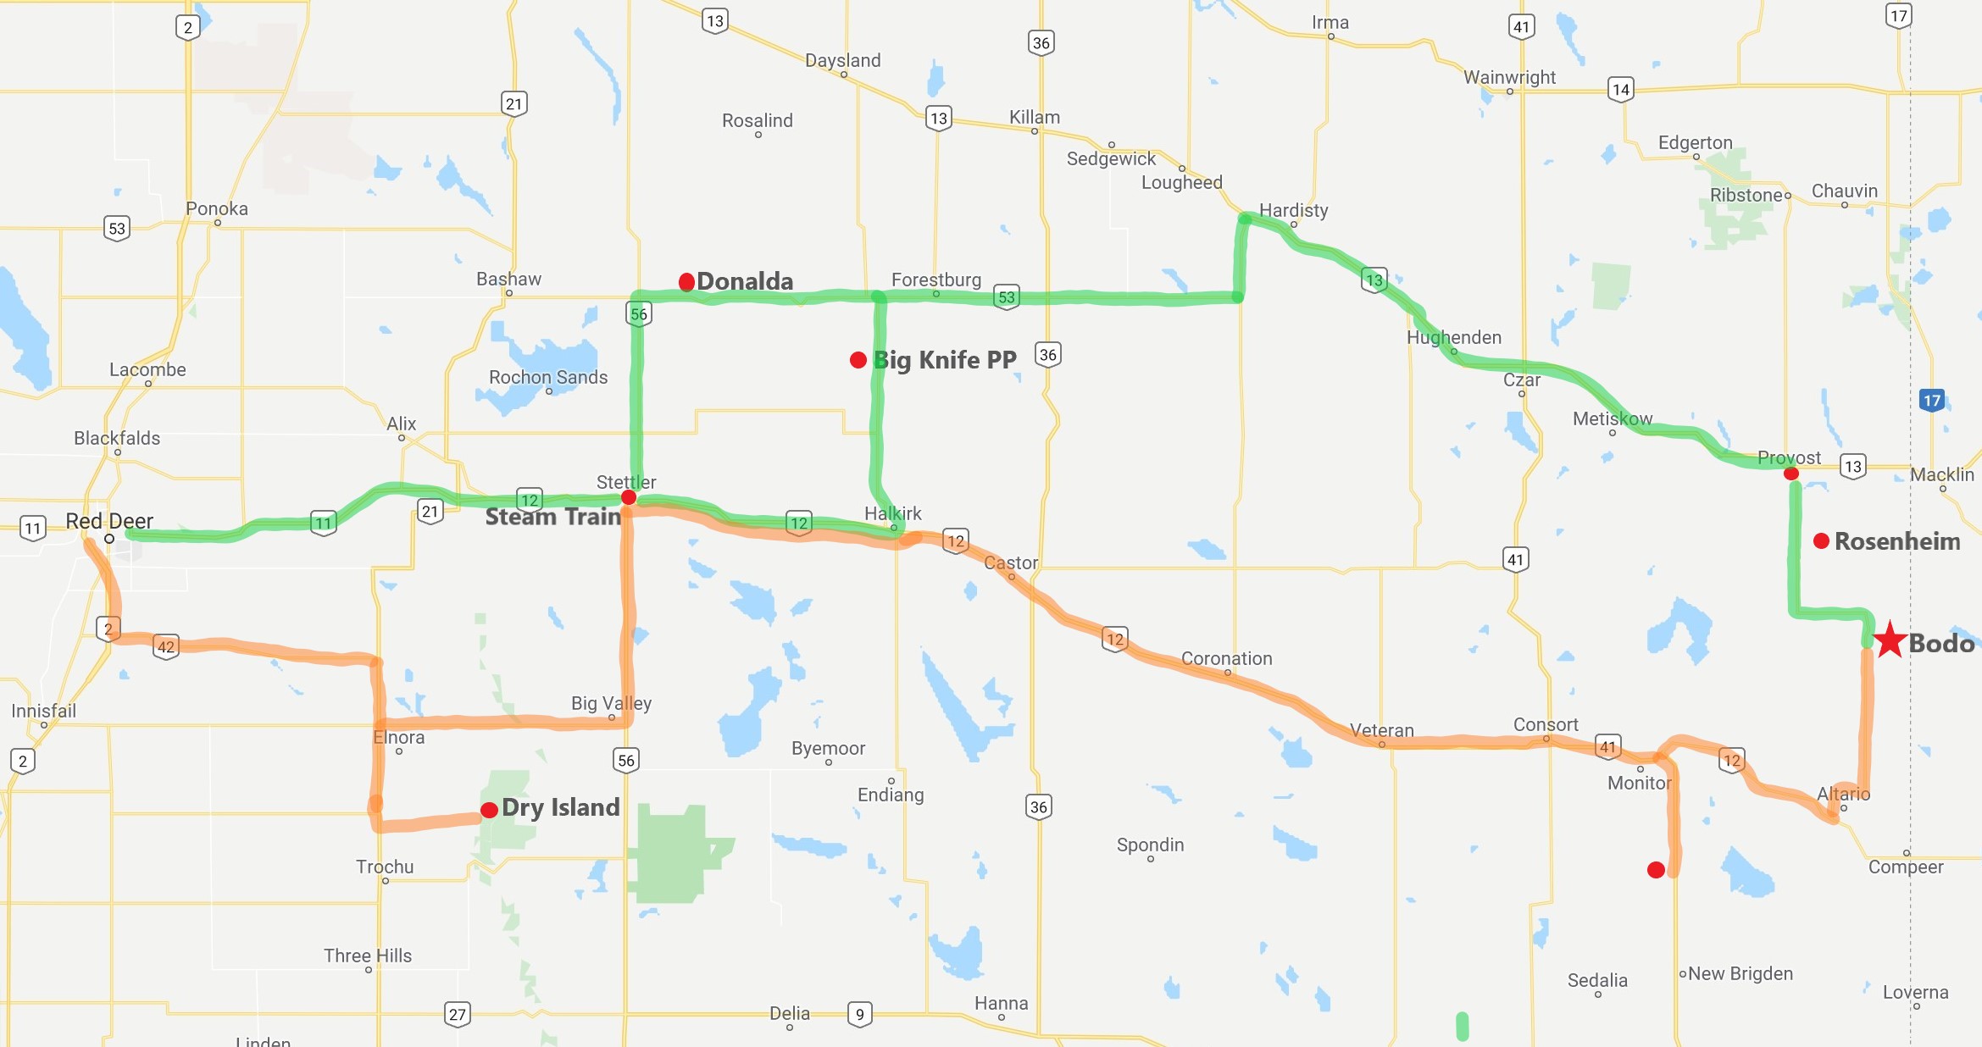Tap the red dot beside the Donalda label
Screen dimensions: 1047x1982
coord(687,281)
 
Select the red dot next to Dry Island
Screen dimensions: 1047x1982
coord(489,810)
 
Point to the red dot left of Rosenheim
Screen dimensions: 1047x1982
coord(1821,540)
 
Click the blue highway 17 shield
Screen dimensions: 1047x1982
coord(1931,400)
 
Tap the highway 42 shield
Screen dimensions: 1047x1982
coord(166,647)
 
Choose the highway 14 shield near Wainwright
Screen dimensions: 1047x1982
coord(1620,89)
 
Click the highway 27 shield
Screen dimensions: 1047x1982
coord(458,1014)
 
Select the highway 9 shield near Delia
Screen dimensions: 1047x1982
coord(859,1014)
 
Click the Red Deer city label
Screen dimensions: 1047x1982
coord(109,521)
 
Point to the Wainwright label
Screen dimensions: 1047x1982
coord(1509,77)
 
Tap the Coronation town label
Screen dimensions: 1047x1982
coord(1226,658)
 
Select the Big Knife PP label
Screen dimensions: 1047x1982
coord(945,360)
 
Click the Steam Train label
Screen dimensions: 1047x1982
coord(552,517)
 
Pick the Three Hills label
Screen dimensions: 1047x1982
coord(368,956)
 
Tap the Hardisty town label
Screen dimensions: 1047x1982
coord(1293,210)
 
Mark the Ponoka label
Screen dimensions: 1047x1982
coord(217,208)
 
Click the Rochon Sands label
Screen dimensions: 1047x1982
coord(548,377)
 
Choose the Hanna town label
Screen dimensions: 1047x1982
coord(1001,1003)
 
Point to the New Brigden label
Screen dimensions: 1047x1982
coord(1740,973)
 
